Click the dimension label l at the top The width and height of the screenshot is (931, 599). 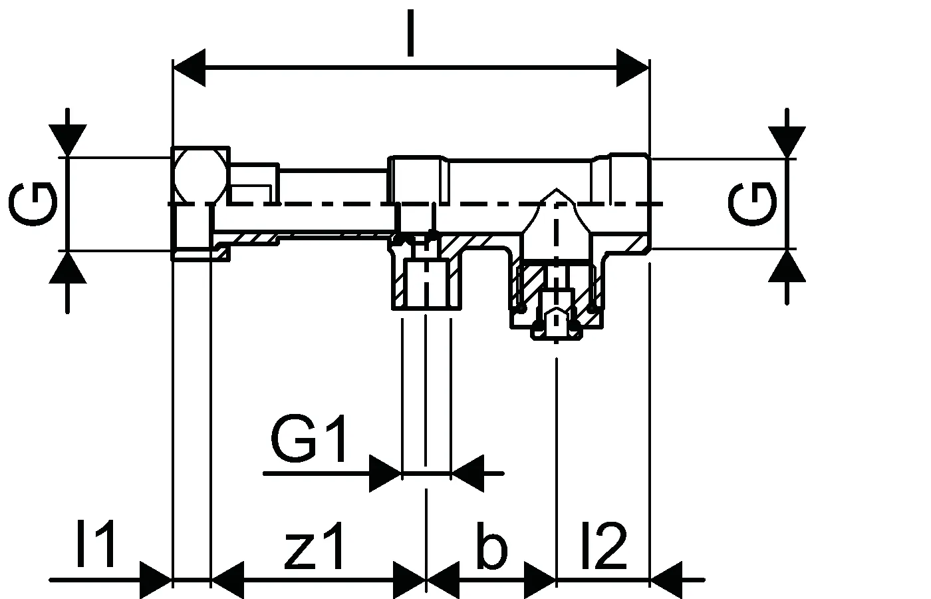pos(411,33)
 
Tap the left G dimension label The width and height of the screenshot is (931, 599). pos(33,204)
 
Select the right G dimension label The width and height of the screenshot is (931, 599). pos(752,204)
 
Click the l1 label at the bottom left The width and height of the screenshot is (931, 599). pos(96,544)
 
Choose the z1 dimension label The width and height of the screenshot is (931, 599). pos(314,546)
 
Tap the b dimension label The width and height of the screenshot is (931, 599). pos(492,545)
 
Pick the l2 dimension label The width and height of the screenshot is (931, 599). pos(604,545)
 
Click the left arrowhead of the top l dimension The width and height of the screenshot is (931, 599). pos(189,68)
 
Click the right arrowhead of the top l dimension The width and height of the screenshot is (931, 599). pos(632,68)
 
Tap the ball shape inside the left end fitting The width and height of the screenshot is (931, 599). pos(200,177)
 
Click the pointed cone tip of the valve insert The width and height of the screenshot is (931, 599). pos(556,190)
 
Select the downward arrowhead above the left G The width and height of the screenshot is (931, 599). pos(68,140)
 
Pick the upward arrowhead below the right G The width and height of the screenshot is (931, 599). pos(787,266)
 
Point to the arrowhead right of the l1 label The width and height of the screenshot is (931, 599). pos(156,580)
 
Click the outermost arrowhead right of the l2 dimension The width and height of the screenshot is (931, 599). pos(666,580)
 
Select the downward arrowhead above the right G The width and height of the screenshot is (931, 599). pos(787,142)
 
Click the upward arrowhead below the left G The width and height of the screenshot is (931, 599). pos(68,268)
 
